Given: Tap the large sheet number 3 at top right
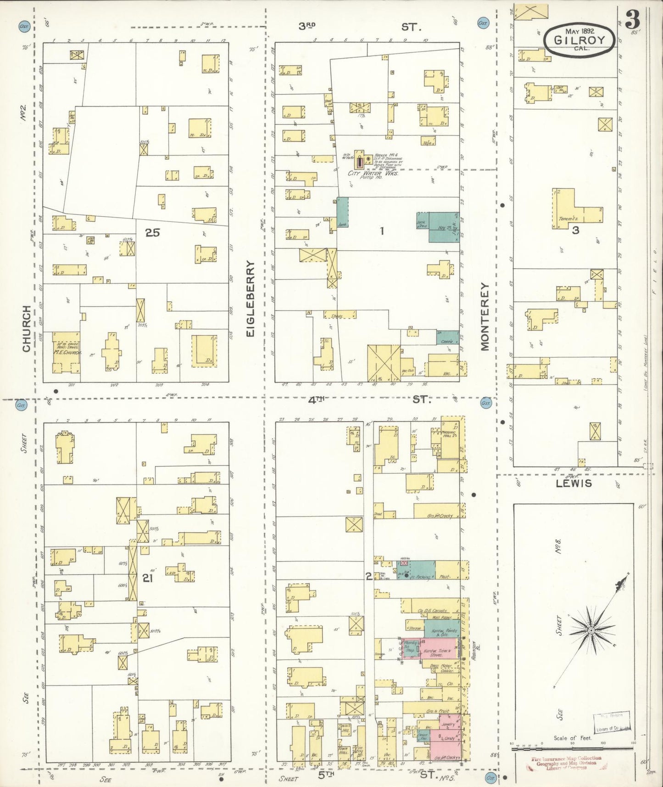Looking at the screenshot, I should tap(633, 19).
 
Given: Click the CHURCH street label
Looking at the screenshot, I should tap(26, 329).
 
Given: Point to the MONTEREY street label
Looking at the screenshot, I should tap(485, 316).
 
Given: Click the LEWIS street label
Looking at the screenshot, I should tap(574, 483).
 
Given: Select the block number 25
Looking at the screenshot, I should tap(153, 233).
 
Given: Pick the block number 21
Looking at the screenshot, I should tap(147, 578).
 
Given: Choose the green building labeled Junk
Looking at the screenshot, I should tap(342, 213).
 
